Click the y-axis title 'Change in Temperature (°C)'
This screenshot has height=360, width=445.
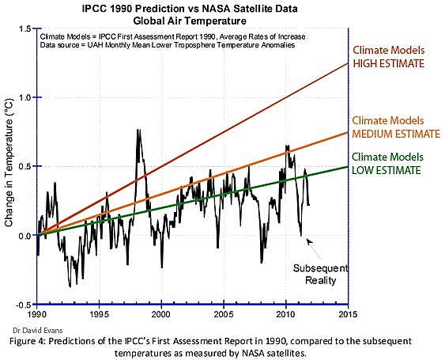[x=9, y=167]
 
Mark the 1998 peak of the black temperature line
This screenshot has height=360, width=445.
[x=138, y=131]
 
